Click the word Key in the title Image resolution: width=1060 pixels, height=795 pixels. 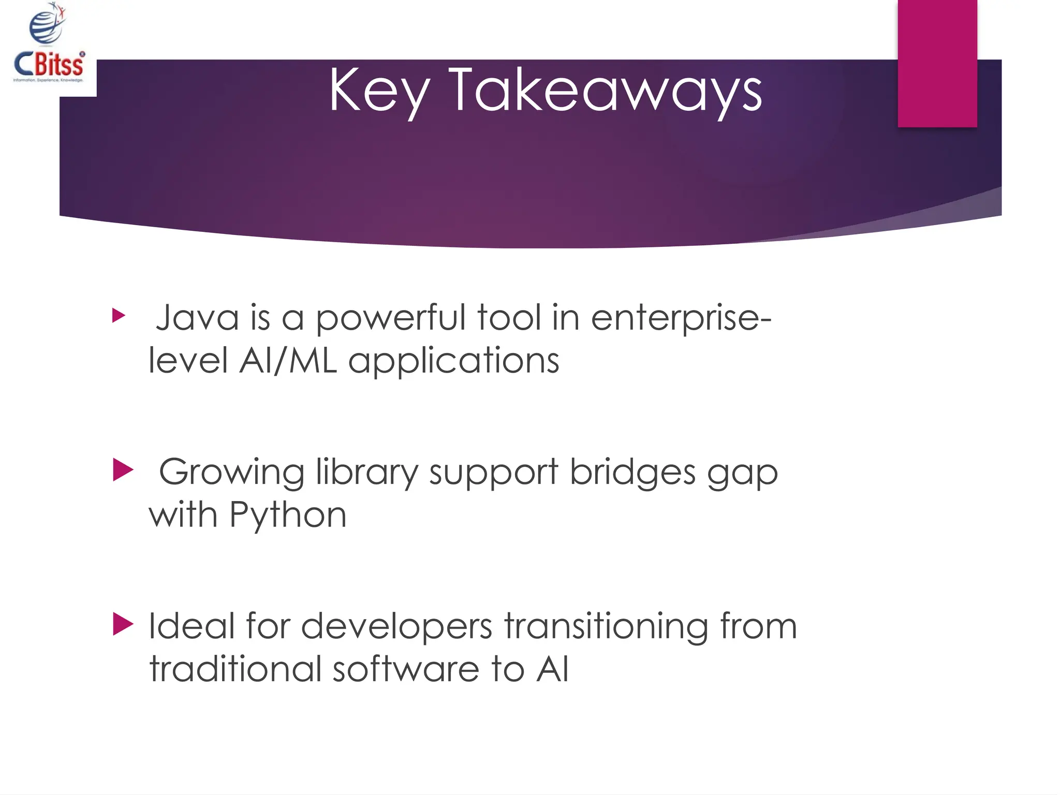coord(379,92)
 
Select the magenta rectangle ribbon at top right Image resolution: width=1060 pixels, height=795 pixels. coord(937,63)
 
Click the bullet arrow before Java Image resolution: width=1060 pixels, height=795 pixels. coord(119,315)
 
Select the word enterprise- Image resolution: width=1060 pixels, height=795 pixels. coord(681,318)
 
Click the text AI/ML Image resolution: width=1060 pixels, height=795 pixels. coord(288,361)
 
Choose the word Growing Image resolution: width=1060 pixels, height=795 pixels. coord(231,473)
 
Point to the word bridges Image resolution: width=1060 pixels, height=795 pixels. coord(632,473)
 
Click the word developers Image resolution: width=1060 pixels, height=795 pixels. coord(396,627)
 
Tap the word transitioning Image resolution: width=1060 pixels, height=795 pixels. coord(606,627)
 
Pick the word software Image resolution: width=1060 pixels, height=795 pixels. coord(406,669)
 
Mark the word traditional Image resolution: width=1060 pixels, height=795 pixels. coord(235,669)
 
